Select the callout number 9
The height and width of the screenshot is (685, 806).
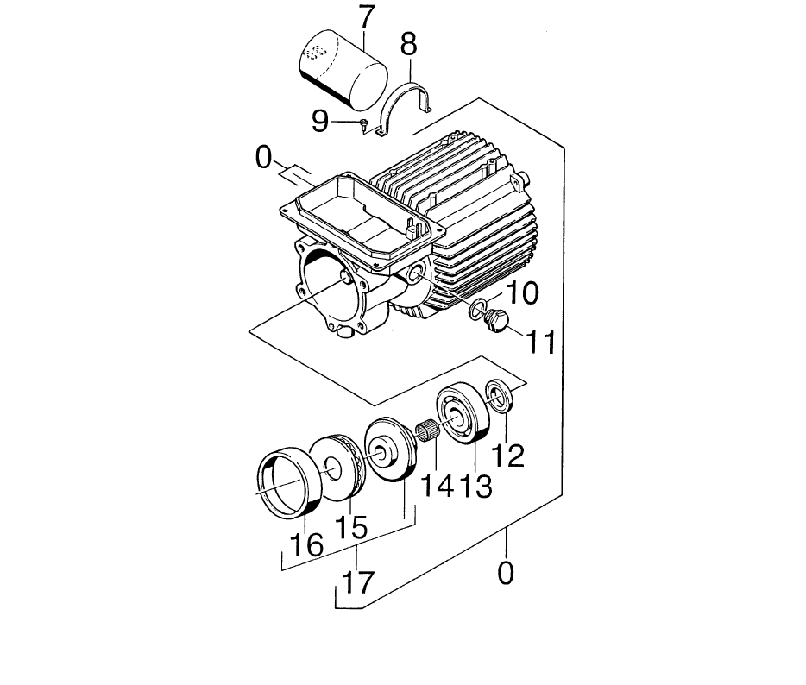pos(320,122)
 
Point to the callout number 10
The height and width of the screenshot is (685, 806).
pos(522,293)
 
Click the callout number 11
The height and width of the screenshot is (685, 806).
pos(541,342)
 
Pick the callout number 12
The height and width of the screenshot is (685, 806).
pos(508,455)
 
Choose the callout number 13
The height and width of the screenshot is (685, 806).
pos(475,486)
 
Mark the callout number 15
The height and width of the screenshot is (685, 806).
pos(351,527)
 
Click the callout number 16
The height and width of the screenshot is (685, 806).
pos(307,544)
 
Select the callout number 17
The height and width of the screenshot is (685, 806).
pos(358,582)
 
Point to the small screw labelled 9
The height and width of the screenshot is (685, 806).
pos(364,124)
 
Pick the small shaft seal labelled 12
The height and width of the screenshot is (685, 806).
pos(498,395)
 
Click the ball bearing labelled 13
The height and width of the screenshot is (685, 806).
pos(462,413)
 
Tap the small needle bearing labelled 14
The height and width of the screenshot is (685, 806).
pos(426,430)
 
